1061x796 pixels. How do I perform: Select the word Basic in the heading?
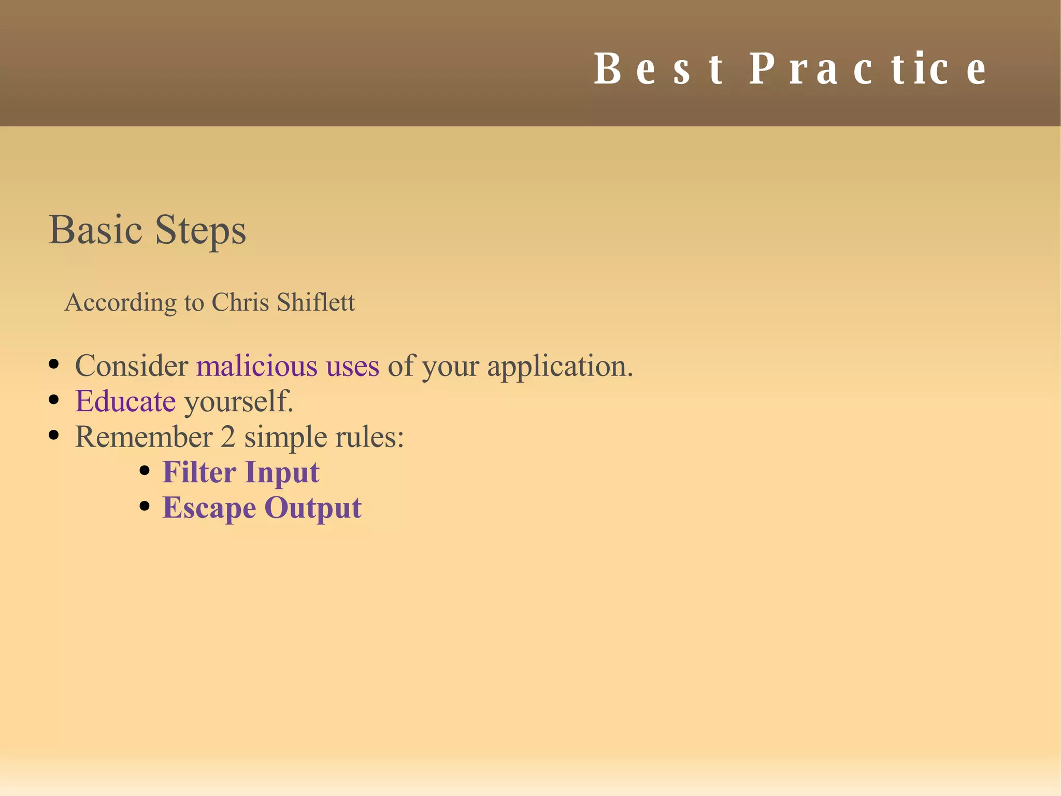click(x=95, y=230)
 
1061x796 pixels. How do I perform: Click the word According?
click(x=121, y=303)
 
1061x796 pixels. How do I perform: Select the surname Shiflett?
click(x=316, y=302)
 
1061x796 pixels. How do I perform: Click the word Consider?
click(x=132, y=366)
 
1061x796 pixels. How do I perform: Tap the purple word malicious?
click(x=257, y=366)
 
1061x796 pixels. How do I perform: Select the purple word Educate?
click(x=125, y=401)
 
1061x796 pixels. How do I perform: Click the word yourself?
click(x=239, y=402)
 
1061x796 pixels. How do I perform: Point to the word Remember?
click(x=144, y=437)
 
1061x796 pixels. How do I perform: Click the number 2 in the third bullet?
click(x=228, y=437)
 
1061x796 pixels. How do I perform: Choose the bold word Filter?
click(x=199, y=472)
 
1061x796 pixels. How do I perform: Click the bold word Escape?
click(x=209, y=509)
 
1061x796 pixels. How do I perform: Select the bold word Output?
click(x=313, y=508)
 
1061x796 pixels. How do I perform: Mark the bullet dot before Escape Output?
click(x=145, y=506)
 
